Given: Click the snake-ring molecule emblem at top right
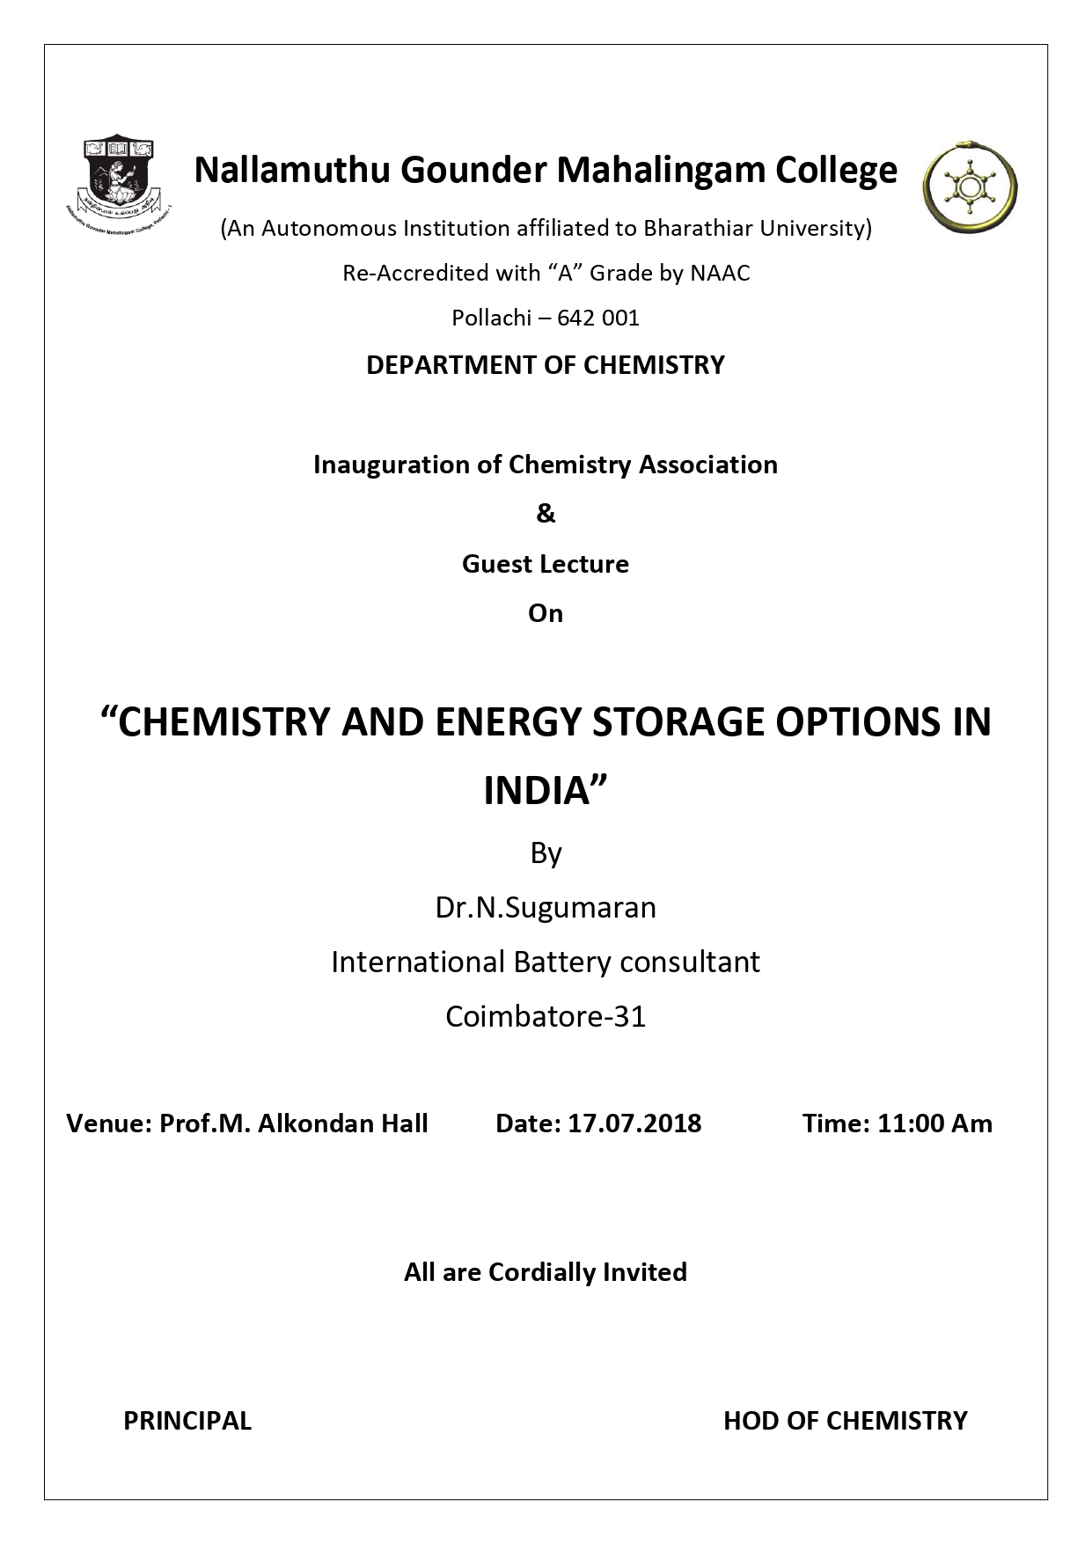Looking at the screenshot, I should [x=970, y=185].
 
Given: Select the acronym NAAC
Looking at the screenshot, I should [x=720, y=274].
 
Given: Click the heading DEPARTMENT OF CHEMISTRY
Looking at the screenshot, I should [x=546, y=365].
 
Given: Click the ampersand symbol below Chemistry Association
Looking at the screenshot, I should [x=546, y=514].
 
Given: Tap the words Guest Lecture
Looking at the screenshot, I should [x=546, y=564].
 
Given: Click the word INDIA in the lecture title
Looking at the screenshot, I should [x=536, y=791].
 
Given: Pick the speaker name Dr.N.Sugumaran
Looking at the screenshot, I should [x=546, y=907].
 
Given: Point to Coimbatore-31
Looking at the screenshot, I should [x=546, y=1017].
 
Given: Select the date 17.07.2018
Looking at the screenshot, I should [x=634, y=1123].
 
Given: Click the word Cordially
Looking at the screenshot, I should [x=542, y=1272].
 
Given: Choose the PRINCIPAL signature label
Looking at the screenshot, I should [x=187, y=1421].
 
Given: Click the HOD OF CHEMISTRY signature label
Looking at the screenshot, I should [x=845, y=1421].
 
